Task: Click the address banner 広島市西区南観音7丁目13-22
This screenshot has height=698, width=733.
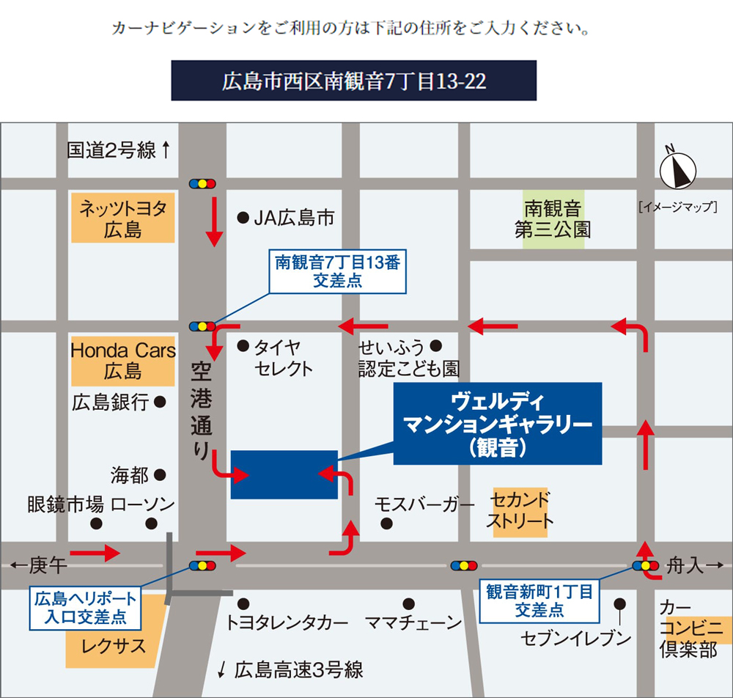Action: tap(353, 81)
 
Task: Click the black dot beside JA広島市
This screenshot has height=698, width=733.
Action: tap(241, 217)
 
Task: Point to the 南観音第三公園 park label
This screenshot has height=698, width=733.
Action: tap(553, 219)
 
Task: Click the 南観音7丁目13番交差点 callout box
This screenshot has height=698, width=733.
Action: tap(336, 272)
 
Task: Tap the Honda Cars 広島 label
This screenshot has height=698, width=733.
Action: tap(122, 360)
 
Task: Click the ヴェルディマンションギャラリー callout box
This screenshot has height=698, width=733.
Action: tap(497, 424)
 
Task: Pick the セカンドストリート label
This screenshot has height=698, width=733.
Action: tap(520, 511)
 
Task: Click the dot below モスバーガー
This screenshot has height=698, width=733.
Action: tap(386, 523)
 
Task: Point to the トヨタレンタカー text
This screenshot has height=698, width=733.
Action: tap(287, 624)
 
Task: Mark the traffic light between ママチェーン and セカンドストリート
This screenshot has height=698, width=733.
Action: tap(464, 565)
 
